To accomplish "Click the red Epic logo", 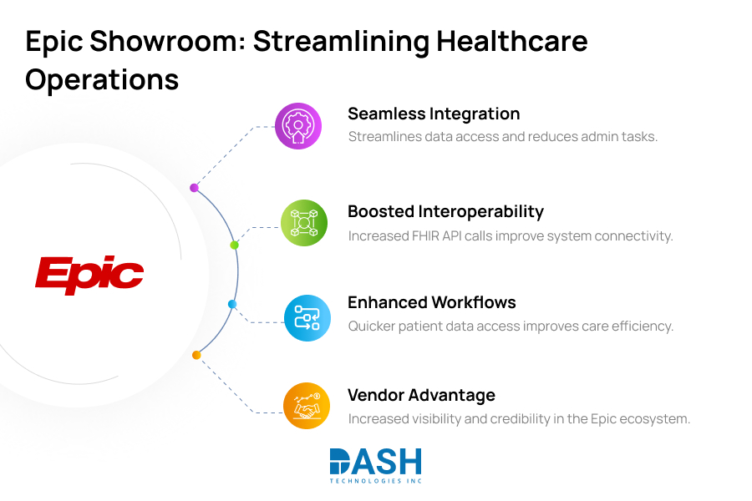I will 89,275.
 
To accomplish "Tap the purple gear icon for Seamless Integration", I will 298,126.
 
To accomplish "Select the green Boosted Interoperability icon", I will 303,223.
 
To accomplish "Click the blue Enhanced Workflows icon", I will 307,318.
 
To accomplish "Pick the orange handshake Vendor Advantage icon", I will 307,406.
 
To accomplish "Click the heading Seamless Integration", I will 434,114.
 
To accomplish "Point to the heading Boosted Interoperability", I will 445,211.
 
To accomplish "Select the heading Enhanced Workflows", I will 432,302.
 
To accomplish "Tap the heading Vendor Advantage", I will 421,395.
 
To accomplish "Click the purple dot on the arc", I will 194,188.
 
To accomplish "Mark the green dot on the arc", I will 234,245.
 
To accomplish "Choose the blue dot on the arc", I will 232,304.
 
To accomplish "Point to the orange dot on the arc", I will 196,355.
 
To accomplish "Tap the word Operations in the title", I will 102,79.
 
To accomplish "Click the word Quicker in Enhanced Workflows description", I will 371,326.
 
